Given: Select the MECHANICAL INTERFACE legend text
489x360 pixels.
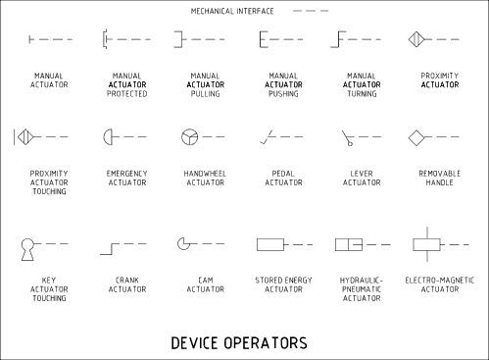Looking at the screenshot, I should point(232,11).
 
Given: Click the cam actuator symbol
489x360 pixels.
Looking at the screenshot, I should point(183,242).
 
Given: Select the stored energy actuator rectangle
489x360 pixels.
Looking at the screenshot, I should point(269,243).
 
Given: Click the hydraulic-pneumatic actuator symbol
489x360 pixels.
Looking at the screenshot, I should point(349,243).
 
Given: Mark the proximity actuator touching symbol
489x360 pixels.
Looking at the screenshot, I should point(24,136).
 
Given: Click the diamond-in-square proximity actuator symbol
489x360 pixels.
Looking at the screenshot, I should point(416,38).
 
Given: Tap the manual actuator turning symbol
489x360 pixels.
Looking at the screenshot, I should point(342,39).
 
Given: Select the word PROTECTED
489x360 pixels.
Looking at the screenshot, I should point(127,94).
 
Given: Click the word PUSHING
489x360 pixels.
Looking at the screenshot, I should point(283,94).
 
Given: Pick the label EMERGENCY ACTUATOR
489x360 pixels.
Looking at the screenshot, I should point(126,179).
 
